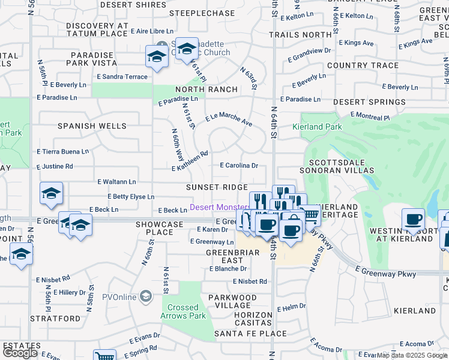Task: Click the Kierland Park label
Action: pyautogui.click(x=317, y=127)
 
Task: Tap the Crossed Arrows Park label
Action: pyautogui.click(x=184, y=311)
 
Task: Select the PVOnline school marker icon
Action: pyautogui.click(x=145, y=296)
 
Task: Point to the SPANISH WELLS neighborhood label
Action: pyautogui.click(x=92, y=126)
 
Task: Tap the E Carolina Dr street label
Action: pyautogui.click(x=239, y=165)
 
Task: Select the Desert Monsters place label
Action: pyautogui.click(x=220, y=208)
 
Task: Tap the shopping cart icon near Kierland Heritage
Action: pyautogui.click(x=309, y=214)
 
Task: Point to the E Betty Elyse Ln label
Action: pyautogui.click(x=131, y=197)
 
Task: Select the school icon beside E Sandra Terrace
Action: pyautogui.click(x=157, y=56)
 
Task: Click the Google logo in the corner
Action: pyautogui.click(x=20, y=353)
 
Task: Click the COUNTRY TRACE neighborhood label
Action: pyautogui.click(x=363, y=65)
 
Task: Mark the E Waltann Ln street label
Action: pyautogui.click(x=116, y=181)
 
